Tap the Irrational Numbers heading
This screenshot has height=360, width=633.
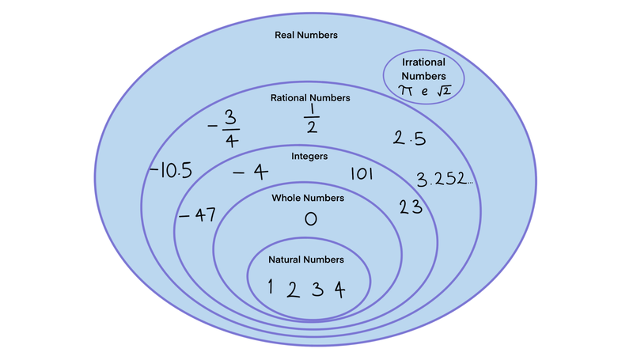tap(423, 69)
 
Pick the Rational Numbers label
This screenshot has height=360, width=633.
tap(310, 98)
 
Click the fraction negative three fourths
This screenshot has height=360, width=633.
tap(225, 127)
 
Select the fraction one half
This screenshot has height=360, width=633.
tap(310, 119)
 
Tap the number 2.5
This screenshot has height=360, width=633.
tap(410, 138)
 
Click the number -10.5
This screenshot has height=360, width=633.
tap(170, 170)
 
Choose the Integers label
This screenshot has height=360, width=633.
tap(308, 157)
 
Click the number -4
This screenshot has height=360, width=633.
tap(251, 172)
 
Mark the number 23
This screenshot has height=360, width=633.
tap(410, 208)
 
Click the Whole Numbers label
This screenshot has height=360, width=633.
tap(308, 198)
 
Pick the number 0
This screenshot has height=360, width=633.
tap(310, 219)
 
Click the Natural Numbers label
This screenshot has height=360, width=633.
tap(306, 260)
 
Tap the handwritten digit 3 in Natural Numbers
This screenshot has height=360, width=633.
tap(316, 289)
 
